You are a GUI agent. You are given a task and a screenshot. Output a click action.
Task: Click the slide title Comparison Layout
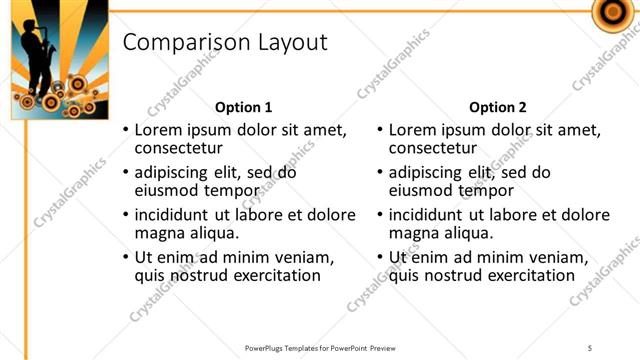click(224, 42)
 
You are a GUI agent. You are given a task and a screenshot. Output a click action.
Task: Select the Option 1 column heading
click(244, 107)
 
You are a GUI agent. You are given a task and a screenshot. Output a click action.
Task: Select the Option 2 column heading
click(497, 107)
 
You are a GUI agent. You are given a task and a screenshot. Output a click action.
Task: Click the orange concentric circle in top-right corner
click(609, 13)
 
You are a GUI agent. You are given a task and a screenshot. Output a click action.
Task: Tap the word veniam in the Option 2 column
click(557, 257)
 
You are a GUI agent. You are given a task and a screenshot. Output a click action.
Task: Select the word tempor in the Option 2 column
click(487, 190)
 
